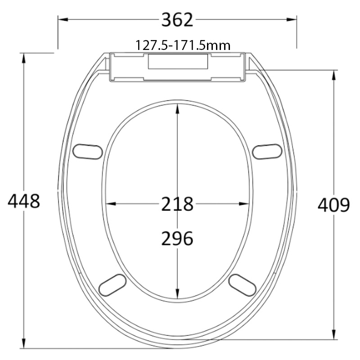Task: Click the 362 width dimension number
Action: [177, 20]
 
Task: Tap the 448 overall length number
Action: [24, 201]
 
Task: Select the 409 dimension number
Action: [333, 205]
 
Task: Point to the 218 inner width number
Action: [177, 204]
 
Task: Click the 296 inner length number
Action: [177, 238]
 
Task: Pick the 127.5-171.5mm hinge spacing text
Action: [183, 45]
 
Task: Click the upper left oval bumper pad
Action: [87, 151]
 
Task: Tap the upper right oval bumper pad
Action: [267, 151]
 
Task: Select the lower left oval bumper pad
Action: [112, 284]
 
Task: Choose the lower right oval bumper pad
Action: [243, 284]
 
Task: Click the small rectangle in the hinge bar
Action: [178, 62]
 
